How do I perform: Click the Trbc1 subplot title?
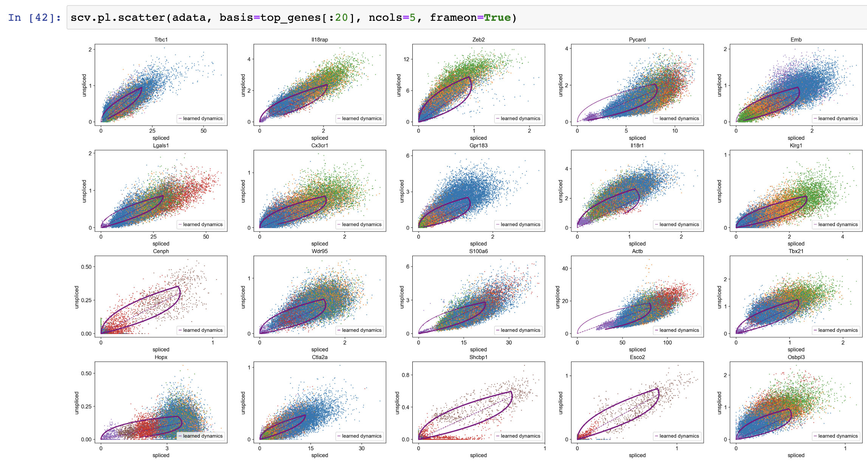[x=161, y=40]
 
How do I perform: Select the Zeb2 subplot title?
[x=478, y=40]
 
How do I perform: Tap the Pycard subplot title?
[x=637, y=40]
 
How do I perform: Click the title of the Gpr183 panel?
[x=478, y=146]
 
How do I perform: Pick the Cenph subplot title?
[x=161, y=251]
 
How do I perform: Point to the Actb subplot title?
[x=637, y=251]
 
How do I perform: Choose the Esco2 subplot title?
[x=637, y=357]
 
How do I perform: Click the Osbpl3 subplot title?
[x=796, y=357]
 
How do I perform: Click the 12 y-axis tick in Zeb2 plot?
[x=406, y=59]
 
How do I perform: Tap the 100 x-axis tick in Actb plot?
[x=667, y=343]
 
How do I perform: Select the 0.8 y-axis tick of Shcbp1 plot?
[x=406, y=375]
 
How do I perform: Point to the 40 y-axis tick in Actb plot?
[x=565, y=269]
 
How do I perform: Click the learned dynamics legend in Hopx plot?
[x=201, y=436]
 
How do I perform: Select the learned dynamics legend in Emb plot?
[x=836, y=118]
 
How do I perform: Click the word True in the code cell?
[x=497, y=18]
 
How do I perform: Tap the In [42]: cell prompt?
[x=34, y=18]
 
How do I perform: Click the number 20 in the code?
[x=341, y=18]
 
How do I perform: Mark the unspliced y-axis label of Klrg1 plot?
[x=719, y=191]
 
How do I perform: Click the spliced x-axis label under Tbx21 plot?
[x=796, y=350]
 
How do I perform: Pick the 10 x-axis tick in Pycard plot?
[x=675, y=131]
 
